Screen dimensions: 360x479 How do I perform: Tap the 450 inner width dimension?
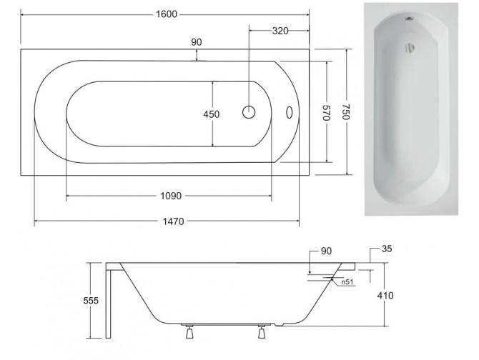click(212, 114)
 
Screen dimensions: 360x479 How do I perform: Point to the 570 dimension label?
click(325, 114)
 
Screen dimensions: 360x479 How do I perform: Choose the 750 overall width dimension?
click(346, 113)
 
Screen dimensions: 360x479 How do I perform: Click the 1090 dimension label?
click(168, 196)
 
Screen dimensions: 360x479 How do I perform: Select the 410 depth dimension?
click(384, 295)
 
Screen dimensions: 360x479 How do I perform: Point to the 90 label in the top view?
click(197, 42)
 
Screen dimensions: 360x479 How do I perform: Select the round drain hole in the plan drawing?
click(249, 113)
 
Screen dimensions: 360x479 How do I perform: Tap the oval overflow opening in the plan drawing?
click(290, 113)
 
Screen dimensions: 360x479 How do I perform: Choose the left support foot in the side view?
click(191, 332)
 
